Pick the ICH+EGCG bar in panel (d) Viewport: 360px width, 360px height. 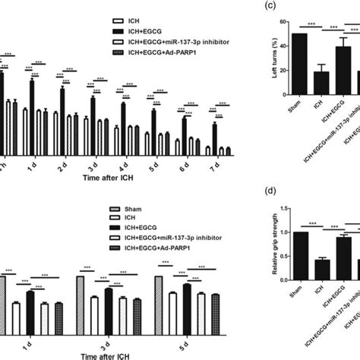[x=323, y=258]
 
